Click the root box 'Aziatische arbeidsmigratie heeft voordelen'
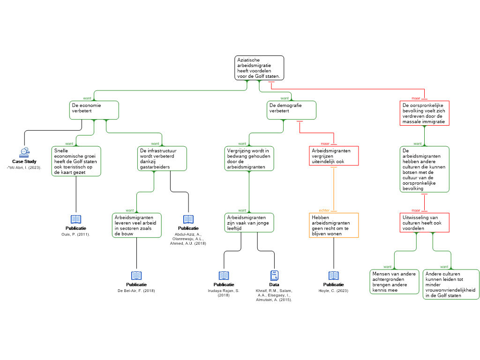(259, 68)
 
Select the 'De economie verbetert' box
(94, 110)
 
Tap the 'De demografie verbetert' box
(292, 110)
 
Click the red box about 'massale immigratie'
(425, 113)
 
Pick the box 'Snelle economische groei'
(76, 161)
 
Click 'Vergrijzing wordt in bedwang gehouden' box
(249, 158)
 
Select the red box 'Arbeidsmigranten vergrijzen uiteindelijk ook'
(334, 156)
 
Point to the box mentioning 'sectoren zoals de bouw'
(137, 225)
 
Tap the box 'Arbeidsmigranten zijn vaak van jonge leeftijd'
(249, 223)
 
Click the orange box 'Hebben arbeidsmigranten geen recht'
(334, 225)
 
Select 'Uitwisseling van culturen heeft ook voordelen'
(425, 223)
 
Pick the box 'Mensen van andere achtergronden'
(394, 282)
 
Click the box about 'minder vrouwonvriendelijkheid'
(451, 284)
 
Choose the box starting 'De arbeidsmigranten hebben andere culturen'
(425, 169)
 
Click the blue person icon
(24, 152)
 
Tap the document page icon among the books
(275, 276)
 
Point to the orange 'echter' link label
(324, 210)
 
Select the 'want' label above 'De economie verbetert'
(87, 98)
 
